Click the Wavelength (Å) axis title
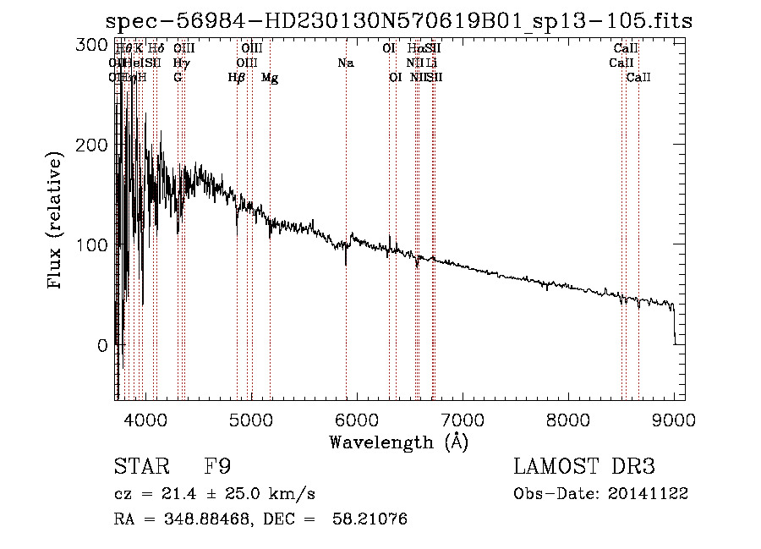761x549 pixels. (x=398, y=442)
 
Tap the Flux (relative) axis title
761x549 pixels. (x=57, y=222)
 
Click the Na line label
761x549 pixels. (x=345, y=63)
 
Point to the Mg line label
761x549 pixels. (x=270, y=78)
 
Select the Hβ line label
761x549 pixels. (x=237, y=78)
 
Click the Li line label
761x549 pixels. (x=431, y=63)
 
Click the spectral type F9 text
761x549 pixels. (x=218, y=468)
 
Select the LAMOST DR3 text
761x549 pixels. (x=583, y=468)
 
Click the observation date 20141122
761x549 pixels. (x=651, y=494)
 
